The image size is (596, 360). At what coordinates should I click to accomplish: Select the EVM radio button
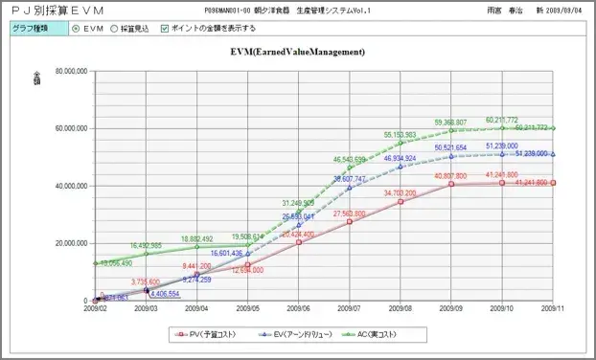pos(77,29)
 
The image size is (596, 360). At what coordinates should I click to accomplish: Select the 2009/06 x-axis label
pos(299,309)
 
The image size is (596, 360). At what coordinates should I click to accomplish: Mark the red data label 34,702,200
pos(401,193)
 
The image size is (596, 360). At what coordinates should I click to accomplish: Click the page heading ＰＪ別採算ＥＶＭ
pos(57,10)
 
